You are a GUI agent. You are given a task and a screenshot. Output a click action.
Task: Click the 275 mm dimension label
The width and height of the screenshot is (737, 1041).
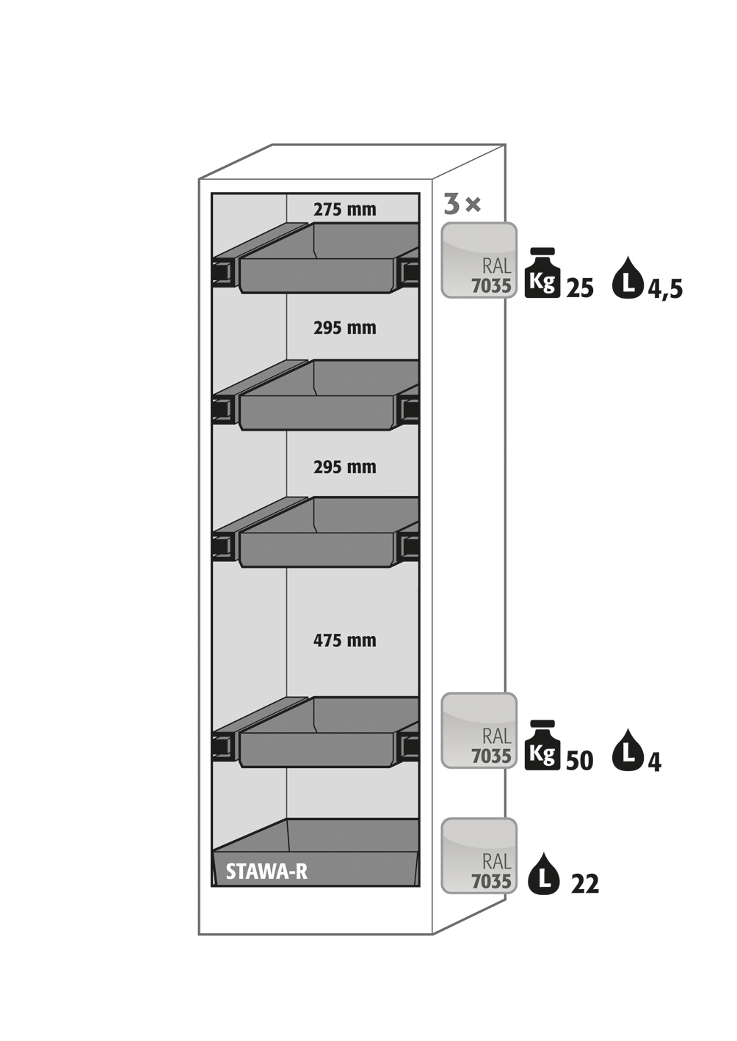tap(344, 210)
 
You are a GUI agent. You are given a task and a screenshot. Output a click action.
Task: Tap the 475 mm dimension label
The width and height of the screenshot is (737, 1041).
tap(344, 640)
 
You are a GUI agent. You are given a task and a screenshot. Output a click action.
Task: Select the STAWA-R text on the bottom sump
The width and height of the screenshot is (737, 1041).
tap(266, 872)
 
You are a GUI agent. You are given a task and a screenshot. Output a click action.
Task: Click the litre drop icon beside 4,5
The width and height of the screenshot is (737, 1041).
tap(627, 278)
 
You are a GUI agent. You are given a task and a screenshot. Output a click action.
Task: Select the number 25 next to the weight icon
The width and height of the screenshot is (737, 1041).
tap(580, 288)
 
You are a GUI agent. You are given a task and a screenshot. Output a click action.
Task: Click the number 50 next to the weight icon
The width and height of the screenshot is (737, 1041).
tap(579, 761)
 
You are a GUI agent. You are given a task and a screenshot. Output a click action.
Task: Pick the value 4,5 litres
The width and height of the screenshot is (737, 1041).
tap(665, 289)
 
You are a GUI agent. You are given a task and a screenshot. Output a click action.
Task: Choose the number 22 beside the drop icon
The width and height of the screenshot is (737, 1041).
tap(585, 885)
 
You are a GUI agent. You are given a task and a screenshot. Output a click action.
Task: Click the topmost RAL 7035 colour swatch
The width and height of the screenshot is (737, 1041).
tap(479, 260)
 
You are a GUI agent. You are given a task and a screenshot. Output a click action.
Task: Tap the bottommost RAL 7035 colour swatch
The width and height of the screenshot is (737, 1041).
tap(479, 856)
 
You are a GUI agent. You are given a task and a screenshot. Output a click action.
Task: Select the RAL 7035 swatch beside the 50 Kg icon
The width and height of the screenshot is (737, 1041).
tap(479, 731)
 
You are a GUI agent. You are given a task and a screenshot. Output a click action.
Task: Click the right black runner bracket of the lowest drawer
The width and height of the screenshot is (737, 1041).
tap(410, 747)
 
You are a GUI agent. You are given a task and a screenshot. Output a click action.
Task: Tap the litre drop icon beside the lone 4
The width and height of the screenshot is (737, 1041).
tap(627, 750)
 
